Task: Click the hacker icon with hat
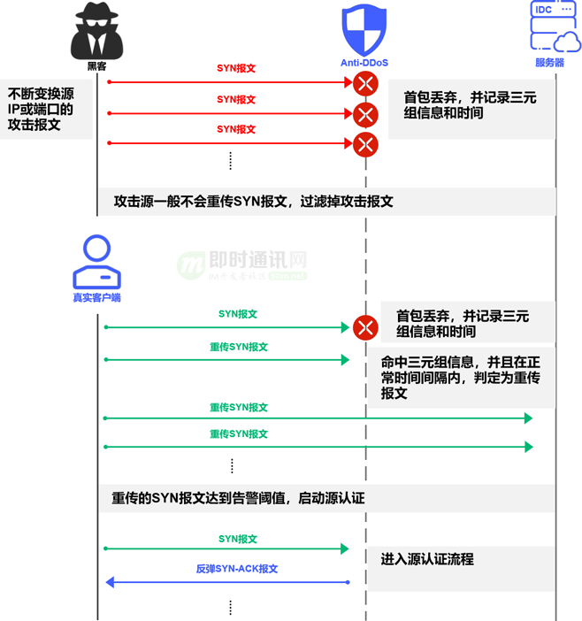coord(96,30)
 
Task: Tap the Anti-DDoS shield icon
coord(364,30)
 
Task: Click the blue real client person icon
coord(96,263)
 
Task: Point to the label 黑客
coord(96,65)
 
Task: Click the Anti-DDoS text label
coord(364,64)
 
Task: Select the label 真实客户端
coord(96,298)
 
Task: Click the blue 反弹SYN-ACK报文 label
coord(237,569)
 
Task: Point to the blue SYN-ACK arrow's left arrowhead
coord(111,582)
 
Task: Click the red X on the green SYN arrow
coord(365,328)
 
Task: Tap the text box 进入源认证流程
coord(427,559)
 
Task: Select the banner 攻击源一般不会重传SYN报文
coord(253,202)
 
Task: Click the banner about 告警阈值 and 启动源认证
coord(238,498)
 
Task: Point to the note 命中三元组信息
coord(460,378)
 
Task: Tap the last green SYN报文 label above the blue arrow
coord(238,539)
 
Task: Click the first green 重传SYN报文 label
coord(238,347)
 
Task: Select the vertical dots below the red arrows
coord(231,160)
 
